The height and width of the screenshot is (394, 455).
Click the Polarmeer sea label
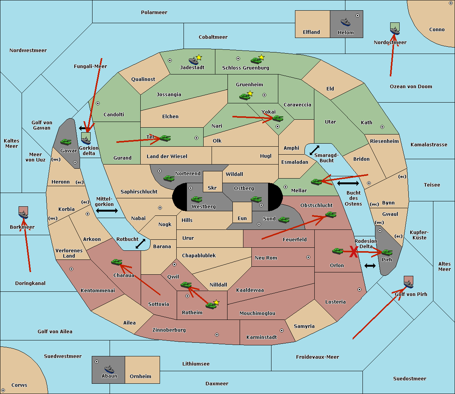click(x=154, y=13)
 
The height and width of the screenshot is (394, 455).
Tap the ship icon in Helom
click(x=345, y=22)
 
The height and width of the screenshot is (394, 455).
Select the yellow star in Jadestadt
click(x=199, y=57)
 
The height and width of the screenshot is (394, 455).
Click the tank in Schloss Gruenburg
click(x=256, y=60)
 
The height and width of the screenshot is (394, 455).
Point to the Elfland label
click(x=311, y=32)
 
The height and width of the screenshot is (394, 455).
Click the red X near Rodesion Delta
click(x=354, y=252)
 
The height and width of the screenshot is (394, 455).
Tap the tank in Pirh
click(x=387, y=253)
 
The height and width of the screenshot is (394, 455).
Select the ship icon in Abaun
click(x=109, y=369)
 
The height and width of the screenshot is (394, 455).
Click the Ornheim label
click(x=140, y=377)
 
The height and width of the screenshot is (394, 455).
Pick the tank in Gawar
click(x=66, y=142)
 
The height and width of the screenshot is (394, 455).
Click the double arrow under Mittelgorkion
click(x=107, y=211)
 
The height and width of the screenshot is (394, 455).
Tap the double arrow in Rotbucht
click(x=141, y=244)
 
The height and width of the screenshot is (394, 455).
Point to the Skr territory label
click(x=212, y=188)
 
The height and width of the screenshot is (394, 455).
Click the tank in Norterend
click(x=169, y=178)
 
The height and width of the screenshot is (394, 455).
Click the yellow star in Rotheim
click(x=216, y=302)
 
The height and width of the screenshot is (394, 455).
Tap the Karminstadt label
click(x=262, y=337)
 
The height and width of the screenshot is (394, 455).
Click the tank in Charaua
click(x=116, y=262)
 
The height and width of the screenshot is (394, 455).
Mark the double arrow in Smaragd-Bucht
click(x=315, y=150)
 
